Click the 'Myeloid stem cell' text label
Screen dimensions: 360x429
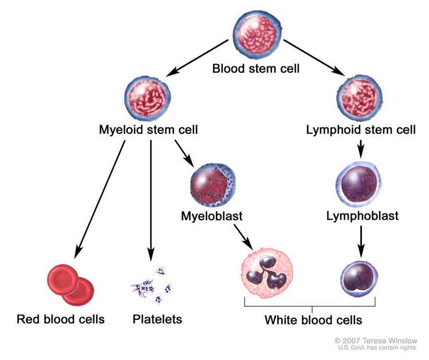[x=148, y=130]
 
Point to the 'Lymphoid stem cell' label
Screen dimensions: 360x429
[x=361, y=130]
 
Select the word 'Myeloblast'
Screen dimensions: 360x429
[x=211, y=216]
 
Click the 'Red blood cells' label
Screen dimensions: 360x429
[x=61, y=319]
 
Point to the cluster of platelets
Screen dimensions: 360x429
[x=152, y=284]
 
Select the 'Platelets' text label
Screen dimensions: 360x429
[x=157, y=319]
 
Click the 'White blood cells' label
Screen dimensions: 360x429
[x=313, y=319]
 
